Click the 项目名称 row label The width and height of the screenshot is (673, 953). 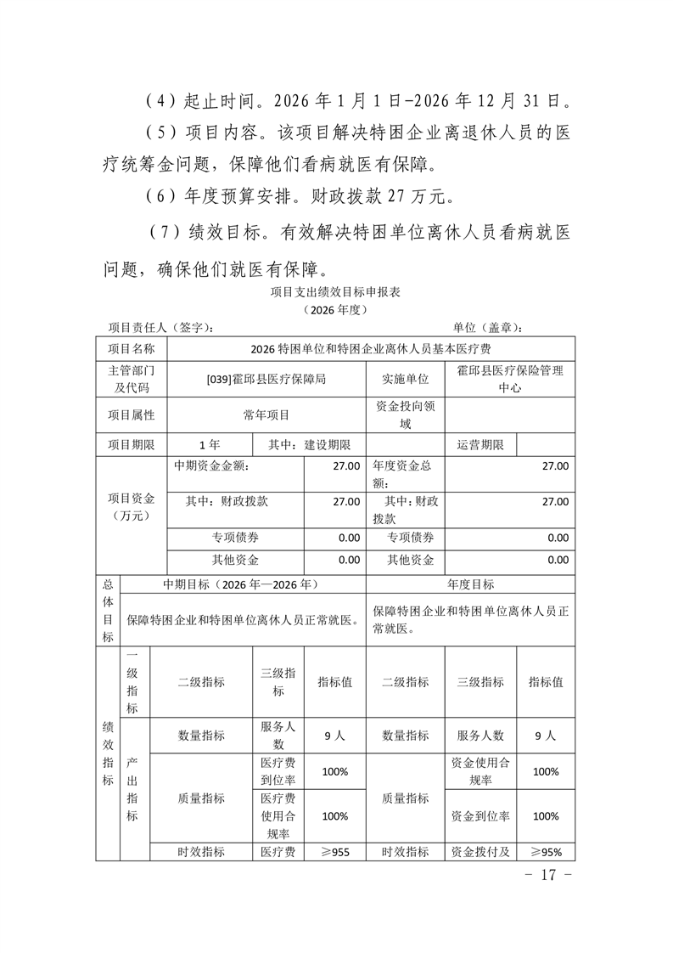(x=132, y=348)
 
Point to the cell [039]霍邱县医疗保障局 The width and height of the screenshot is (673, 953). (x=266, y=379)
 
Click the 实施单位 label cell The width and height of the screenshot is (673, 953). (x=406, y=379)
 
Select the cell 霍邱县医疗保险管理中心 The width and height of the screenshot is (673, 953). (x=509, y=379)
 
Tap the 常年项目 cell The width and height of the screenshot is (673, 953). (x=266, y=415)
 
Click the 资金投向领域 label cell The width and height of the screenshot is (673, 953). (x=406, y=415)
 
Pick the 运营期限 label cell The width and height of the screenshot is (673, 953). (x=480, y=445)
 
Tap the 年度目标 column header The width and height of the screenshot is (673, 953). (x=470, y=584)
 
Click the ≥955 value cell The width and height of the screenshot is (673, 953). (x=334, y=852)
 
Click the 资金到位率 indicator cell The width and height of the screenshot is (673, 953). (x=480, y=815)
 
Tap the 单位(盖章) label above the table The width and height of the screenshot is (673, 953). (x=487, y=328)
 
